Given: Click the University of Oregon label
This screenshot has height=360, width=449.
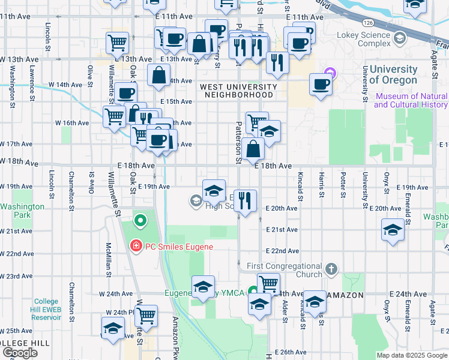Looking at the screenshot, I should (x=393, y=75).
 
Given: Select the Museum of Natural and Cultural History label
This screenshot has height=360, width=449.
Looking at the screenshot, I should (x=411, y=100).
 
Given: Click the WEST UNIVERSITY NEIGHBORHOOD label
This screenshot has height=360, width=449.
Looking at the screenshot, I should (x=238, y=91).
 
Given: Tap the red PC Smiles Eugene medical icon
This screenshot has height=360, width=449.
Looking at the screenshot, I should (x=136, y=246).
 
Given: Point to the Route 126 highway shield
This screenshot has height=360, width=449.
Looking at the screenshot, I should (x=367, y=22).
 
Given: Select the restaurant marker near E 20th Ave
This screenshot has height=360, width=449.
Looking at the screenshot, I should (x=244, y=201).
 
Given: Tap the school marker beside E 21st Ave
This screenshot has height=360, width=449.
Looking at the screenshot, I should (x=393, y=230).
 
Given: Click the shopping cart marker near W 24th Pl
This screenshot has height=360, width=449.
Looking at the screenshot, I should (x=146, y=315).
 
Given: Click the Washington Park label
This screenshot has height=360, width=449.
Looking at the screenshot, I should (x=22, y=210).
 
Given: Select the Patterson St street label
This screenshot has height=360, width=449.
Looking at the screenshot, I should (x=238, y=144).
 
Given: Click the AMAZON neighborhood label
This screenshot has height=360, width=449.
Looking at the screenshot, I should (x=346, y=295).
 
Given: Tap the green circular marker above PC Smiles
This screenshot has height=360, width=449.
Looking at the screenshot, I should (x=140, y=221).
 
